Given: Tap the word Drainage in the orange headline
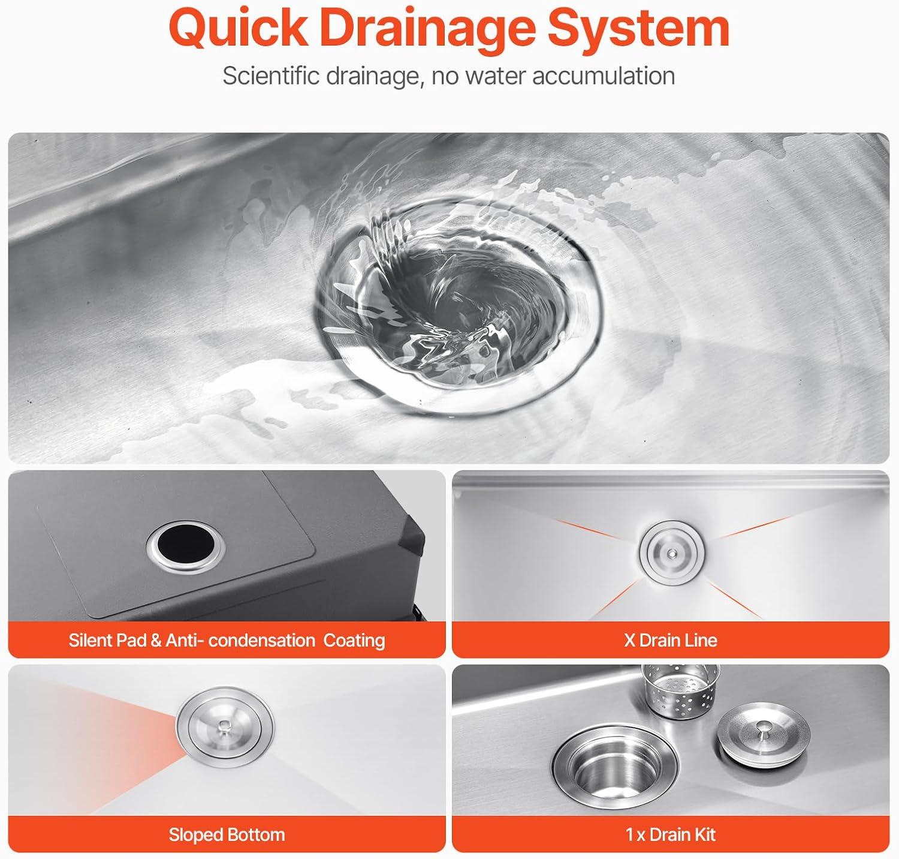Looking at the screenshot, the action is pyautogui.click(x=427, y=30).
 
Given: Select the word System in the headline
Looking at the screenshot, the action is pyautogui.click(x=638, y=30).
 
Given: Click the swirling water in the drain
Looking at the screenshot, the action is pyautogui.click(x=457, y=297).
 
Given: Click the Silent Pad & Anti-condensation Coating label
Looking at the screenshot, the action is pyautogui.click(x=227, y=640).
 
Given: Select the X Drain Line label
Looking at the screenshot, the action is pyautogui.click(x=670, y=640).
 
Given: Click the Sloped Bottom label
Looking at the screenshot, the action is pyautogui.click(x=227, y=834).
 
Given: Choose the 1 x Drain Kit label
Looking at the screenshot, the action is pyautogui.click(x=670, y=834).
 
